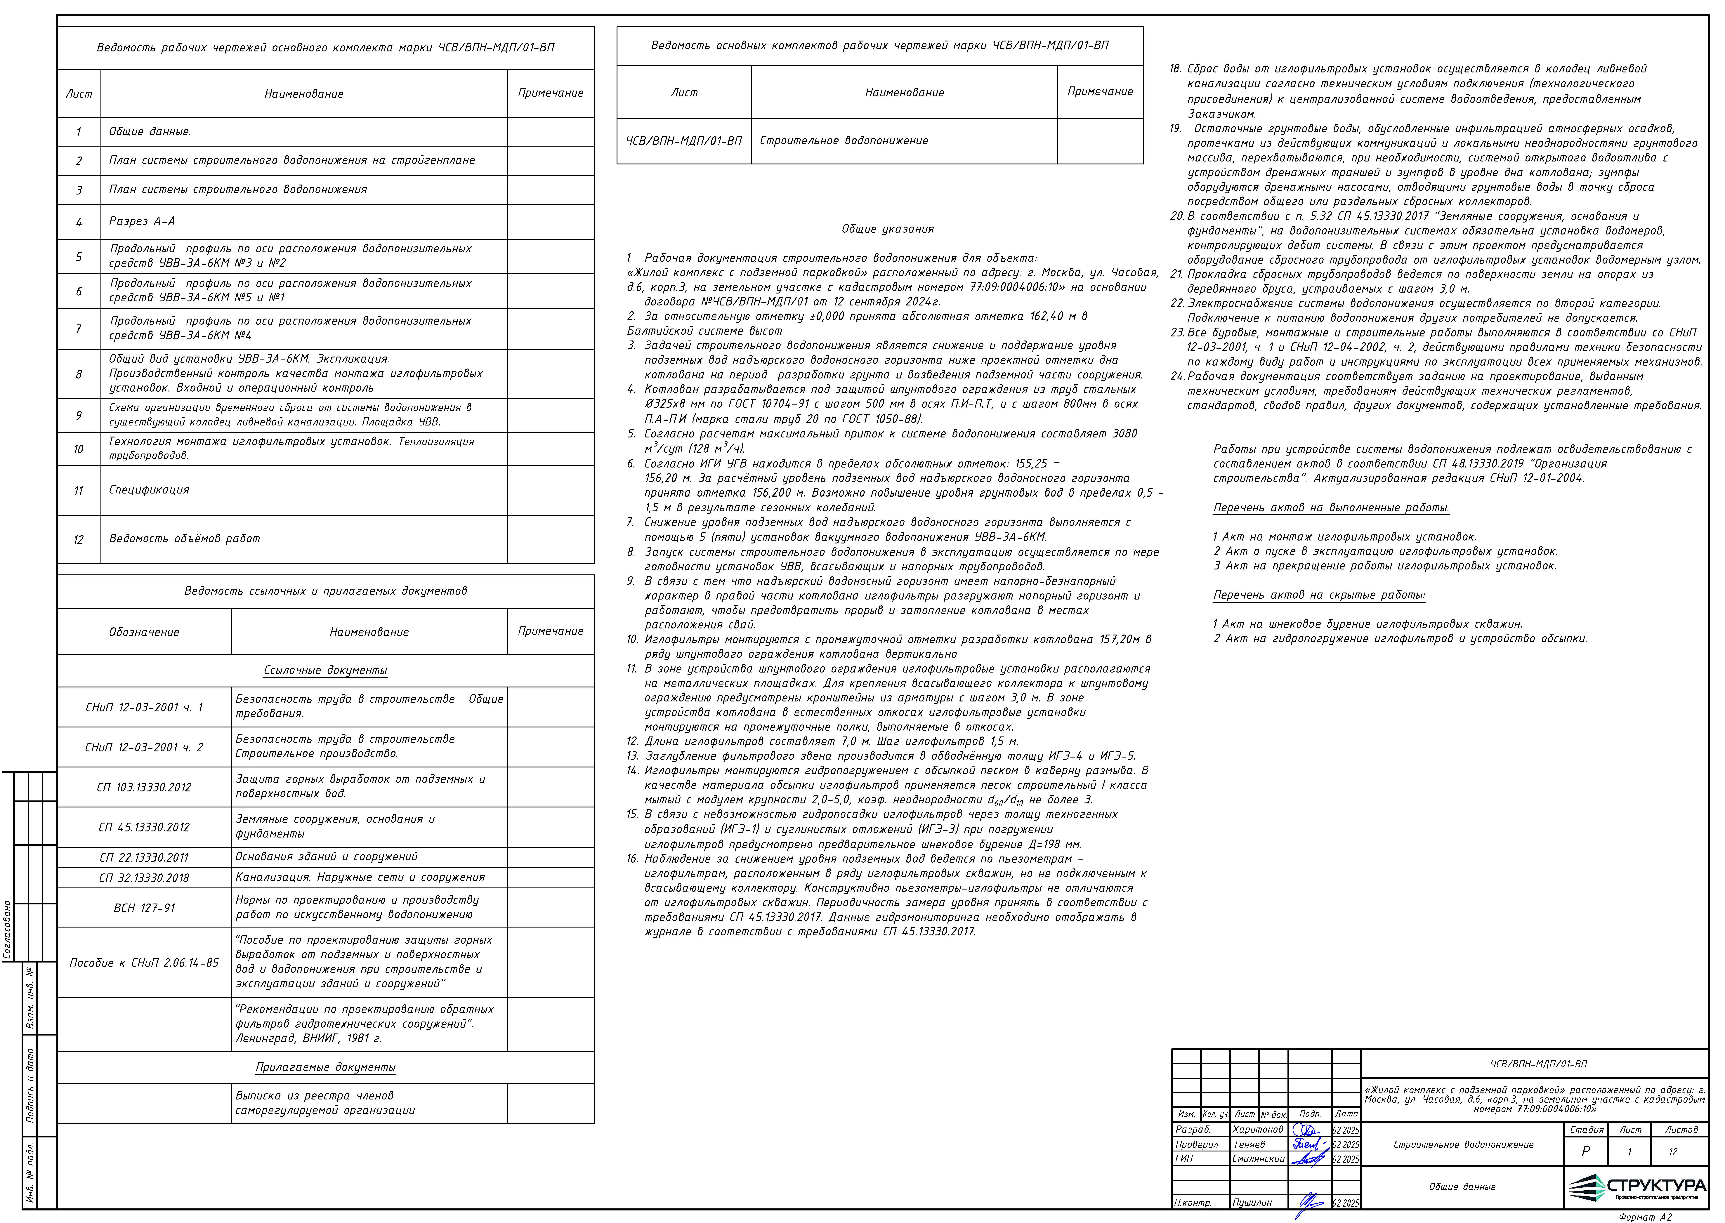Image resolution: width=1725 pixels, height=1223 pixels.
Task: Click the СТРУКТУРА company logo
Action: click(x=1635, y=1188)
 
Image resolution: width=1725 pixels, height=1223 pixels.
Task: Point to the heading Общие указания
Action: click(x=887, y=229)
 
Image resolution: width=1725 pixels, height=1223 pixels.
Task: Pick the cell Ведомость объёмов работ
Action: click(x=185, y=538)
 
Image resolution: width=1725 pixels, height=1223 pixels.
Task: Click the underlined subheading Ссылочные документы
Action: click(x=325, y=670)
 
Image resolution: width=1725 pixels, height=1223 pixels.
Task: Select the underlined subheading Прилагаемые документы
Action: click(x=325, y=1067)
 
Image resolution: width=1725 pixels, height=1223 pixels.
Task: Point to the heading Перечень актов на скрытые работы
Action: click(x=1318, y=595)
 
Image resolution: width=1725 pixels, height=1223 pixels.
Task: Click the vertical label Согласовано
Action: click(x=8, y=930)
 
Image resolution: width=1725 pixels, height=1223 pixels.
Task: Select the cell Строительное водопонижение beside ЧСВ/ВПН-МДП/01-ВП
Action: click(x=843, y=141)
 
